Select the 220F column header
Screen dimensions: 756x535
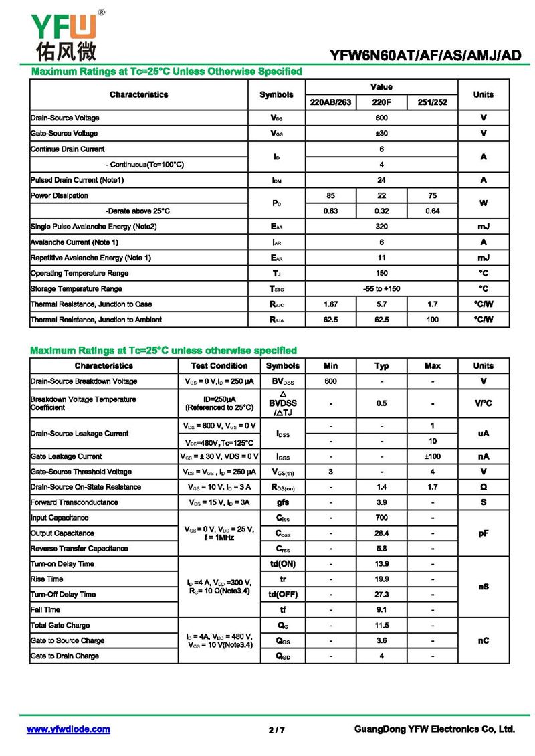[381, 102]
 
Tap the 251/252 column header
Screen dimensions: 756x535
[432, 102]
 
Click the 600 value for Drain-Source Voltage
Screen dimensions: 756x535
[381, 118]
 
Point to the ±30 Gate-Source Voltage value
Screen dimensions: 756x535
[381, 133]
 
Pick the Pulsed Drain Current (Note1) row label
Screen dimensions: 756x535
[77, 180]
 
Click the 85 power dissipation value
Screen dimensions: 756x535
[330, 195]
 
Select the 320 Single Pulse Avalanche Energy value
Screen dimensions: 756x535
[381, 227]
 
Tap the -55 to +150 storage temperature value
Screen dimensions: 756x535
[381, 289]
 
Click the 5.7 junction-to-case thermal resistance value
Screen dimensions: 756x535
[381, 304]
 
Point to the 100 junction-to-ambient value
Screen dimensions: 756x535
[432, 320]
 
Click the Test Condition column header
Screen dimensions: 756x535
[219, 366]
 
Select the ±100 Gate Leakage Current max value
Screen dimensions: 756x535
[432, 456]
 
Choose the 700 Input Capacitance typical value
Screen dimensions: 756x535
[381, 518]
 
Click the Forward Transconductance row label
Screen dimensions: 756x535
[74, 502]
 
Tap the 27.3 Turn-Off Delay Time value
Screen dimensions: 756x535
[381, 594]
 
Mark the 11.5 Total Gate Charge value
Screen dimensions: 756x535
[381, 625]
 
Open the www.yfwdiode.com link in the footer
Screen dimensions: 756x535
[68, 729]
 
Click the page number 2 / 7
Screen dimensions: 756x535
[276, 730]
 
